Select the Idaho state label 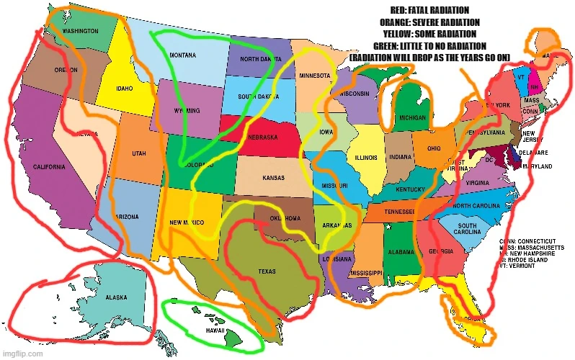(125, 89)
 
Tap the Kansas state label (273, 177)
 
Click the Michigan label (413, 117)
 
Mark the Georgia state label (441, 251)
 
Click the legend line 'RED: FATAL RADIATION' (430, 10)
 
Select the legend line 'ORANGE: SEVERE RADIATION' (430, 22)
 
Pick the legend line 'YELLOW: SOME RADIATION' (430, 34)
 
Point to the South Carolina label (467, 230)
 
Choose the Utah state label (139, 153)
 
